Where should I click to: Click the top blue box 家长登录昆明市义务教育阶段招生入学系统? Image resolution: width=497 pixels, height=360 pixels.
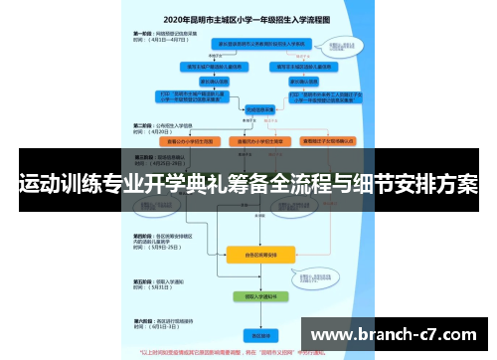tap(260, 44)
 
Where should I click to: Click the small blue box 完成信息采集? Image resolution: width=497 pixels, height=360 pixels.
tap(260, 109)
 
